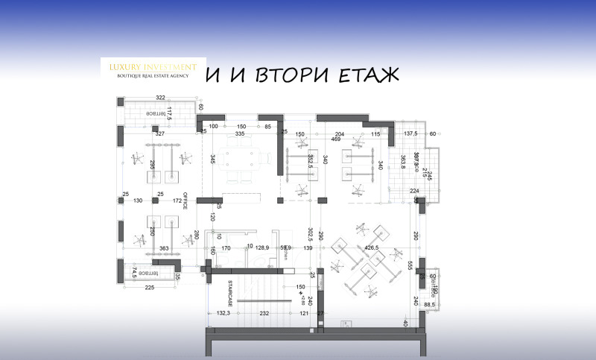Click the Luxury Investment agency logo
[x=153, y=69]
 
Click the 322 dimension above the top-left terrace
[x=159, y=98]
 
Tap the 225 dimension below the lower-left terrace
[x=149, y=287]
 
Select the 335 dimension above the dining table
[x=239, y=135]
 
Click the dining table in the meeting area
[x=239, y=157]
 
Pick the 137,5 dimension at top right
[x=411, y=134]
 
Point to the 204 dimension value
[x=339, y=134]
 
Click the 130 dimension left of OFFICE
[x=138, y=200]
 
